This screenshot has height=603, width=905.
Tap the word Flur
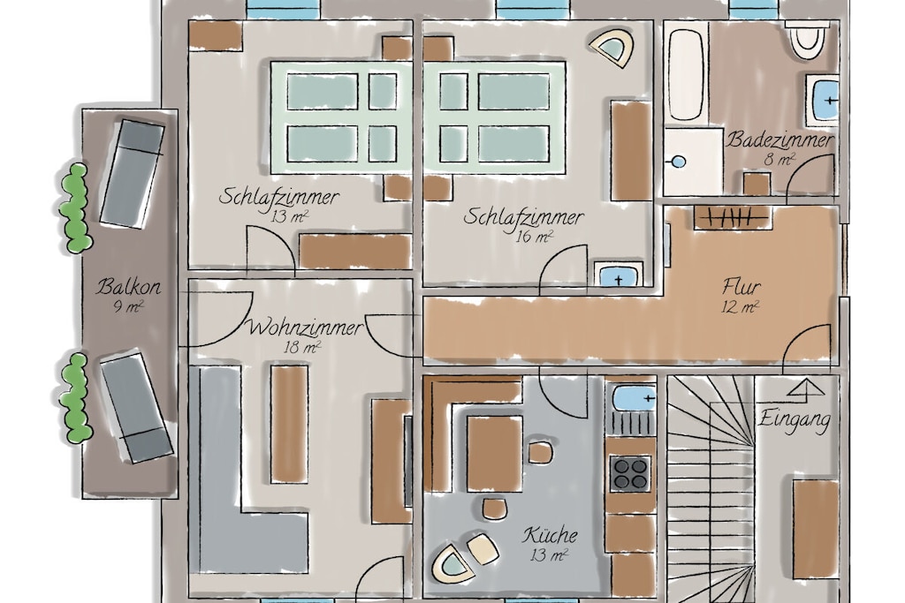[x=741, y=287]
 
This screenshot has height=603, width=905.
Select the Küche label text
[x=550, y=535]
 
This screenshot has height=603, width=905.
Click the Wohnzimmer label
[x=305, y=328]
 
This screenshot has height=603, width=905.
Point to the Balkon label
[x=128, y=286]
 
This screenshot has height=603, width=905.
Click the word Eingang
[x=795, y=419]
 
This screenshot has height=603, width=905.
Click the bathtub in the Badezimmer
[x=686, y=75]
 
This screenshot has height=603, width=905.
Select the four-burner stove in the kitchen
[x=631, y=473]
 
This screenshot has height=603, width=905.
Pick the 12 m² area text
[x=740, y=307]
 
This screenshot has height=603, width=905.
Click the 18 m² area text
[x=302, y=348]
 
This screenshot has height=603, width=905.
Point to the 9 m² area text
[x=128, y=306]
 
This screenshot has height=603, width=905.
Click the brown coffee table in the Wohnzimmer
[x=290, y=423]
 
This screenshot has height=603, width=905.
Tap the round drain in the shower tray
[x=680, y=162]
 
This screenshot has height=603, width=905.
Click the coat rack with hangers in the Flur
[x=731, y=218]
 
